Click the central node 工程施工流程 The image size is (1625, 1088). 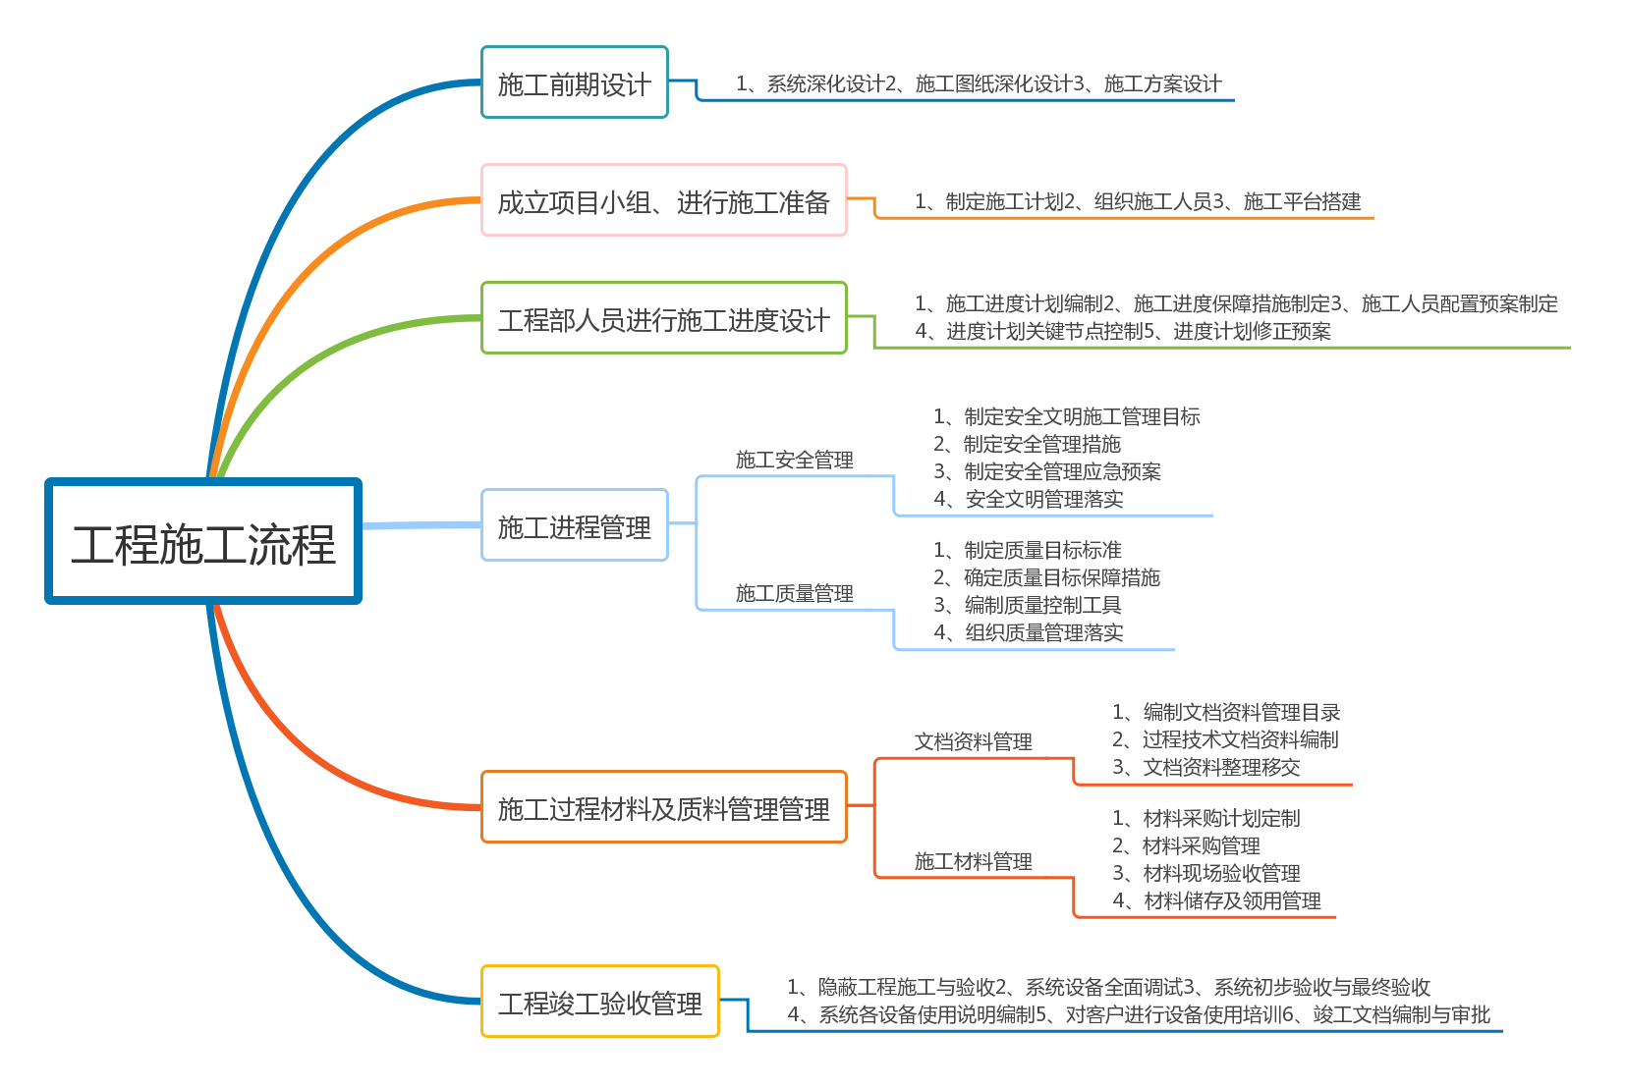click(203, 541)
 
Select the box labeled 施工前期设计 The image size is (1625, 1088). click(575, 82)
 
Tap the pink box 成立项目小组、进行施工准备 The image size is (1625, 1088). click(664, 200)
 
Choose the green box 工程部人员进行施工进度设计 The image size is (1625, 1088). click(664, 318)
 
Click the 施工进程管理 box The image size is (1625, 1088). click(575, 525)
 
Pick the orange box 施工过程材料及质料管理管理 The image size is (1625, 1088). click(664, 807)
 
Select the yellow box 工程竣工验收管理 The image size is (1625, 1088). click(600, 1002)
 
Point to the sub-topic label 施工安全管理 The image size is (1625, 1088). click(795, 460)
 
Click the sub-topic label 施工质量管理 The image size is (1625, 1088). click(795, 594)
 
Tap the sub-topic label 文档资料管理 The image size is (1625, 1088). click(973, 741)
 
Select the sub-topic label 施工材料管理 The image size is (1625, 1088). click(973, 861)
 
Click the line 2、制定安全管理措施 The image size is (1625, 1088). click(1028, 444)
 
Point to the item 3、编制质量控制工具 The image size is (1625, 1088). click(1028, 605)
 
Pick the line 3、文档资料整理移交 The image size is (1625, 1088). click(1206, 767)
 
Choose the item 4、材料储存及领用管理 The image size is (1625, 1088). click(1216, 901)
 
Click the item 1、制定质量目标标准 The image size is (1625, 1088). click(1028, 550)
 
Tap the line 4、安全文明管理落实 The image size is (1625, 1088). click(1029, 499)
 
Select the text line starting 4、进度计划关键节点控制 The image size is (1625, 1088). click(1123, 331)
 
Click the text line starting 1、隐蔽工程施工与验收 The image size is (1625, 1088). click(1108, 987)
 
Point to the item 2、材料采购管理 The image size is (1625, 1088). click(1186, 845)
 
